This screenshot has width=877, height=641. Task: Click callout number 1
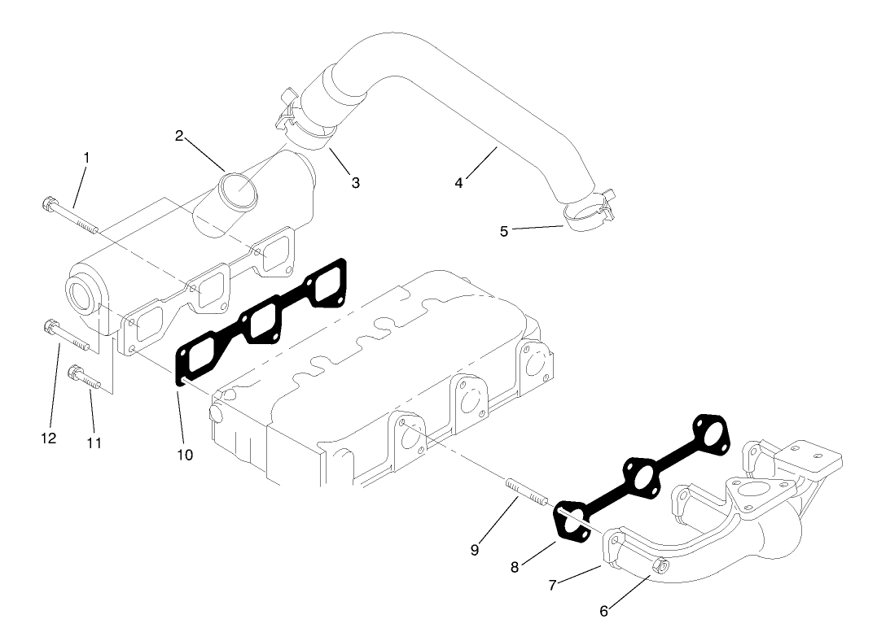pos(86,155)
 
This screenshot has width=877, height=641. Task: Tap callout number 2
pos(179,135)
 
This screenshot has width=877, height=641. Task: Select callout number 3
pos(355,182)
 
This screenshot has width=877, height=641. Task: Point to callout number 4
pos(459,183)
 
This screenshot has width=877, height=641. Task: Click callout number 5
pos(504,231)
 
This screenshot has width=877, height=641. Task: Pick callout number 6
pos(603,611)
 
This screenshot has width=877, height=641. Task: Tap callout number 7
pos(554,585)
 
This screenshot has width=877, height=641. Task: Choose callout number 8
pos(515,567)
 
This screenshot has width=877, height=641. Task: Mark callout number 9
pos(474,549)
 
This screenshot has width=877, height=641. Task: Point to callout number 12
pos(48,438)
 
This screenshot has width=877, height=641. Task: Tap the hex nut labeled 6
pos(660,567)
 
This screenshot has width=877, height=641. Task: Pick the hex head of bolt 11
pos(74,373)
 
